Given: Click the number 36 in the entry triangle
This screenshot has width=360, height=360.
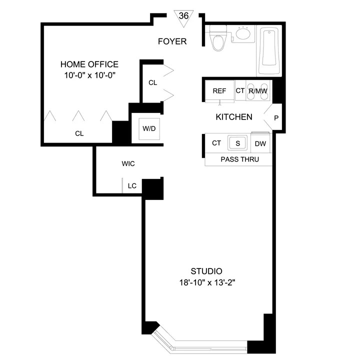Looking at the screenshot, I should point(183,15).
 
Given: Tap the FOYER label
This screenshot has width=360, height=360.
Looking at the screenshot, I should point(172,41).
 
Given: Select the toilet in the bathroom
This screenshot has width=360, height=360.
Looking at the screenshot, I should point(218,39).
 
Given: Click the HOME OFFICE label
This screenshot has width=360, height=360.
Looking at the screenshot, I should point(89,64).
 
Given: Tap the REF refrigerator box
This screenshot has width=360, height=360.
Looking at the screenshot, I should point(219,91).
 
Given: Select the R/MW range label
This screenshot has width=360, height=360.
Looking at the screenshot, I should point(258,91).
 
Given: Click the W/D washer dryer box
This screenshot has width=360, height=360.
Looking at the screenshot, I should point(149,128).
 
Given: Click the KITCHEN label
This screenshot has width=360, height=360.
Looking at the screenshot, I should point(233,117).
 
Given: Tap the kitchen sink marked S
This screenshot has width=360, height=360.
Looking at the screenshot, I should point(238,143).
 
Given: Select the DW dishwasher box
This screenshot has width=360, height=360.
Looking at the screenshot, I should point(260,143).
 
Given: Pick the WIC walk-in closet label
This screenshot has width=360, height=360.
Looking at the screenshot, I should point(128,163).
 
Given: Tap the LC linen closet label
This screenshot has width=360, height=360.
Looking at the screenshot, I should point(132,185).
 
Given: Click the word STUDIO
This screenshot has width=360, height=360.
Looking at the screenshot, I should point(206,271).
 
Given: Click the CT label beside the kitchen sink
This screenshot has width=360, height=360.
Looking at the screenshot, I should point(216,143).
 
